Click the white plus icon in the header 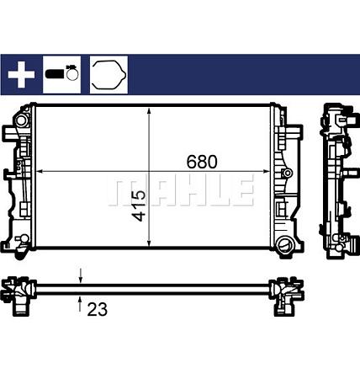pos(22,75)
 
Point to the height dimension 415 pos(139,205)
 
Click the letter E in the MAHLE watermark pos(241,191)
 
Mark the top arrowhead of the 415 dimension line pos(149,111)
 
